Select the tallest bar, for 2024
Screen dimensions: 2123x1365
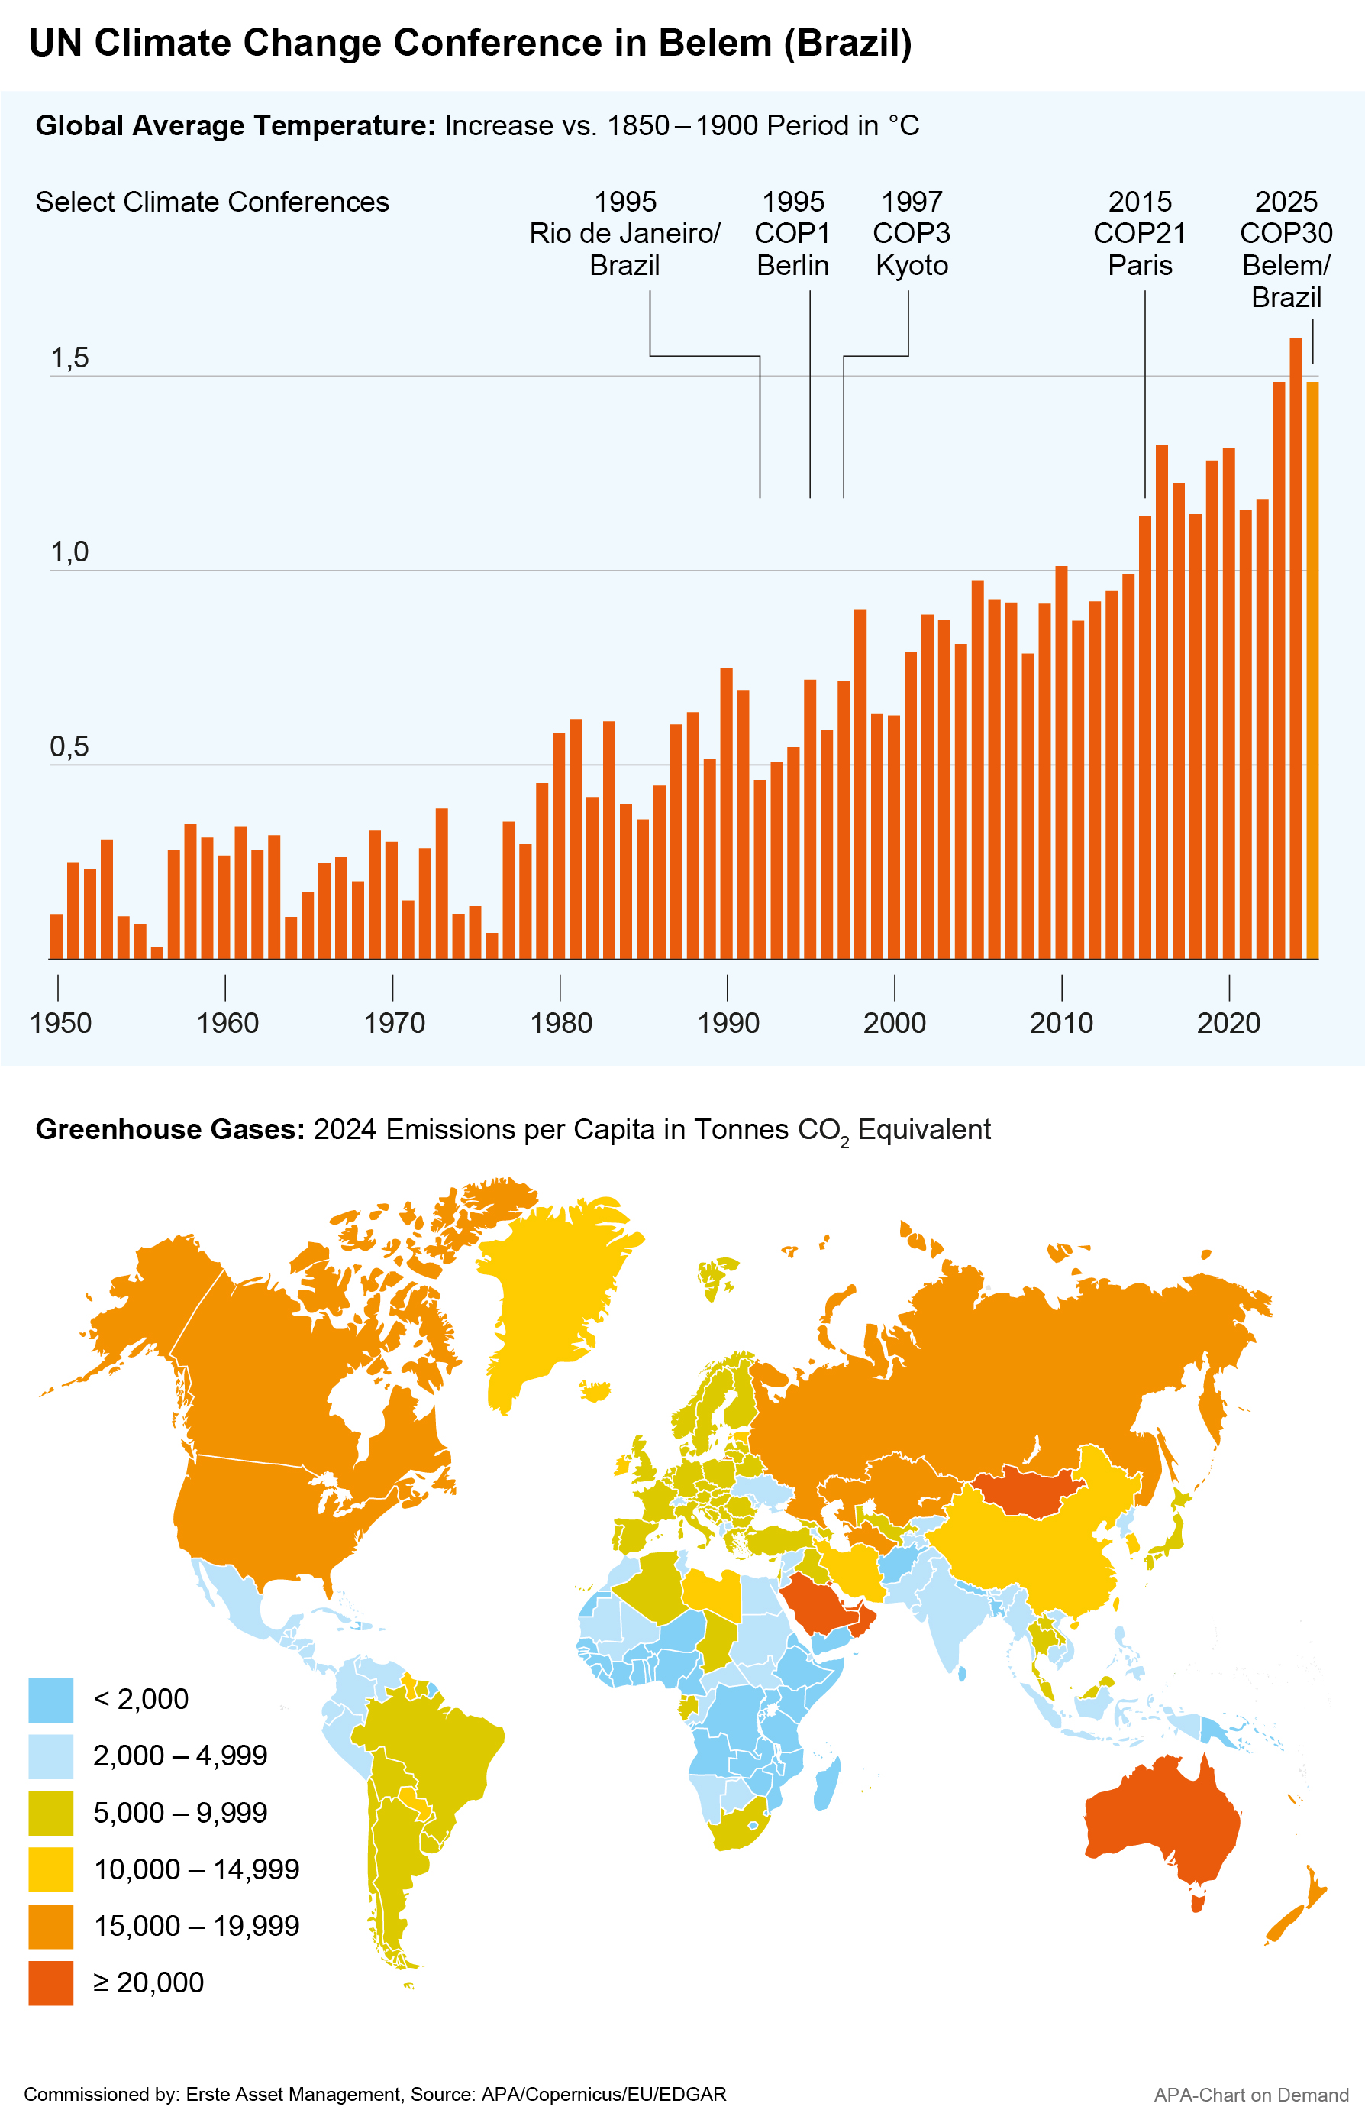(1295, 647)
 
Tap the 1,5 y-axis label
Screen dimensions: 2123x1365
(69, 358)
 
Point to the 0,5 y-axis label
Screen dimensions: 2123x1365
(69, 746)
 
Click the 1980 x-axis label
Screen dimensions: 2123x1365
(560, 1022)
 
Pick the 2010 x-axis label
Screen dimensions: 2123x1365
(1061, 1022)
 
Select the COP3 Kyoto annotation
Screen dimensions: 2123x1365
(912, 233)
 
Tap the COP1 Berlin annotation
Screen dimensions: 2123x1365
(792, 233)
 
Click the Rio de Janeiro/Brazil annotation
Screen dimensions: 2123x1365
(625, 233)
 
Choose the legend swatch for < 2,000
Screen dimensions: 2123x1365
(50, 1699)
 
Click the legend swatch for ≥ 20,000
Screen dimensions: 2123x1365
(50, 1982)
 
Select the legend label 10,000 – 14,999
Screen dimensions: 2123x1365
(196, 1869)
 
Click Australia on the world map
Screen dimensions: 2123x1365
(1161, 1818)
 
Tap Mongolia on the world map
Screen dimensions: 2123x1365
(1028, 1490)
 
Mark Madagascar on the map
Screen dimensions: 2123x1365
(826, 1782)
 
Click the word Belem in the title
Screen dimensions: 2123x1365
(715, 43)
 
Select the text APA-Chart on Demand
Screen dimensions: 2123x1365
(1250, 2095)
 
